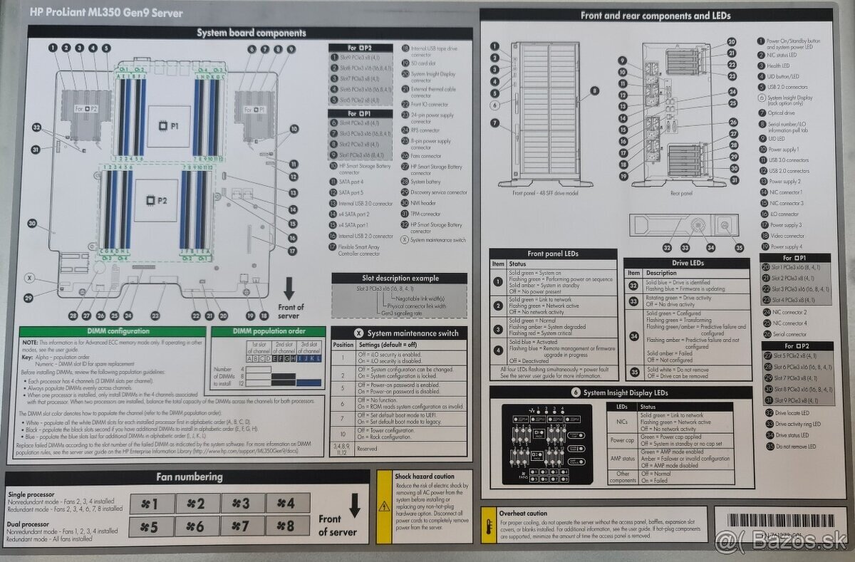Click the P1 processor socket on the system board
[168, 125]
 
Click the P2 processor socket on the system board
[156, 201]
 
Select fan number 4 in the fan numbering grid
[288, 504]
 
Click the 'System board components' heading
[251, 33]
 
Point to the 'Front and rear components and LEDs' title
[655, 15]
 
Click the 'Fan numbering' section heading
[189, 477]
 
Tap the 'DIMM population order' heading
[268, 331]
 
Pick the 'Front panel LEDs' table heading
[552, 254]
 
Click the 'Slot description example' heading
[398, 278]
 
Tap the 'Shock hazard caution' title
[425, 476]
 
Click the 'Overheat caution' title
[524, 513]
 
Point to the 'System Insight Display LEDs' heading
[620, 392]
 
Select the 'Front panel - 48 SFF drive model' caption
[544, 193]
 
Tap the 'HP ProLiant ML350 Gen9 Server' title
[106, 13]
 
